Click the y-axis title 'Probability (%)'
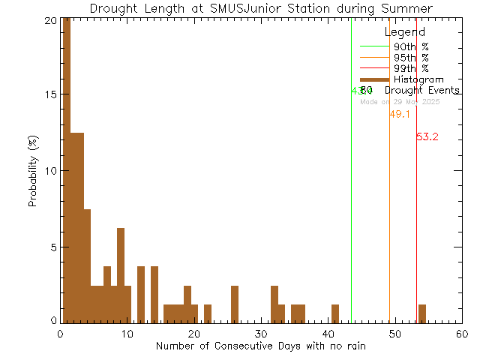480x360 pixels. click(34, 172)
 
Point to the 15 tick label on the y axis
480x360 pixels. click(48, 95)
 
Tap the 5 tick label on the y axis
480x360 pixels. click(51, 247)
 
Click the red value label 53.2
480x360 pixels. click(427, 137)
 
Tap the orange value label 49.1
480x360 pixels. click(400, 115)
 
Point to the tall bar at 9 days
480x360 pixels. click(121, 274)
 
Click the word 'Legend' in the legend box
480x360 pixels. click(405, 33)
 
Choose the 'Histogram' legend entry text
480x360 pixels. click(418, 79)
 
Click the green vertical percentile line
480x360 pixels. click(351, 187)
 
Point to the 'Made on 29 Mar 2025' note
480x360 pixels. click(400, 102)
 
